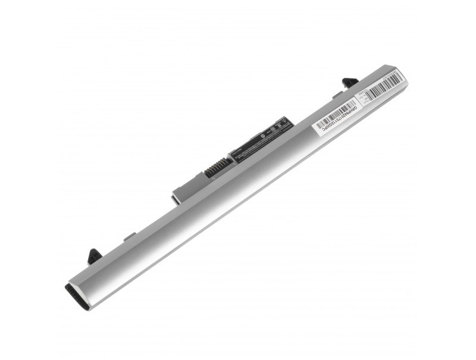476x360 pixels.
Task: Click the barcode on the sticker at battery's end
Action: click(x=386, y=87)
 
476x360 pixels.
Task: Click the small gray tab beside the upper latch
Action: click(x=337, y=94)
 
